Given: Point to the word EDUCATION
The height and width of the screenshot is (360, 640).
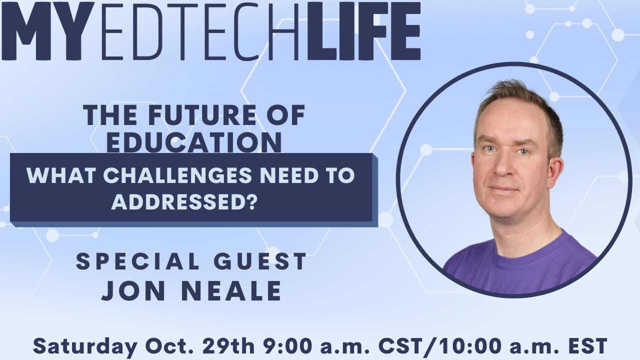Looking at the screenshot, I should [x=194, y=142].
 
